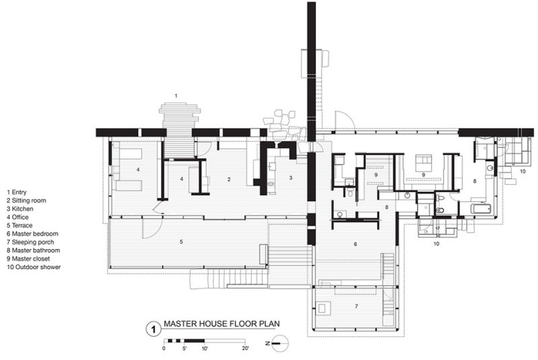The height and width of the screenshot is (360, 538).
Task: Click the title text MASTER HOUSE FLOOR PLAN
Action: (x=222, y=324)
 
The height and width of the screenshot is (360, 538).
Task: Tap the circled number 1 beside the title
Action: (x=153, y=330)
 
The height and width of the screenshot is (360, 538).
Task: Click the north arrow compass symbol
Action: (x=278, y=343)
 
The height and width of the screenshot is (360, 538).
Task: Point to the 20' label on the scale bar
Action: (x=245, y=349)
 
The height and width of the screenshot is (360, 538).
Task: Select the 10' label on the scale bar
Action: (x=204, y=349)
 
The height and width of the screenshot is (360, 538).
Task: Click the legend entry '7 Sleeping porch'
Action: (x=30, y=242)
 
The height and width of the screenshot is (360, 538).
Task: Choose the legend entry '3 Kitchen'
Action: (x=20, y=209)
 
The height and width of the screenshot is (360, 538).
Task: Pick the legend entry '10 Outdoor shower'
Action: (x=34, y=267)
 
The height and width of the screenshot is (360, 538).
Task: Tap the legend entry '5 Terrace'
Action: (x=20, y=225)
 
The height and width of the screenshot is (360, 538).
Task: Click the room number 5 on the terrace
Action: (x=181, y=242)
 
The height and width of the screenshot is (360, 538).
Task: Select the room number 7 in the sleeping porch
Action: (x=356, y=306)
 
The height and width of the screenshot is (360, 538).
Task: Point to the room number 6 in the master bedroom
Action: (x=356, y=244)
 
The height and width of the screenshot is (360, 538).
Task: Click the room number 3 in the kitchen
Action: (x=291, y=178)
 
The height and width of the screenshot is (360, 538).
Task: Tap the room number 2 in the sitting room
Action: (x=229, y=179)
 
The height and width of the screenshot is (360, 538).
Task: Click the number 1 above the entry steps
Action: (x=176, y=96)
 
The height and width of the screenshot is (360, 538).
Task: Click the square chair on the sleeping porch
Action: (x=323, y=308)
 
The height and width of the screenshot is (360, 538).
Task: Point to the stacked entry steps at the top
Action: (x=180, y=116)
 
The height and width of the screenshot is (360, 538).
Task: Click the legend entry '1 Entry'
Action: (x=16, y=192)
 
